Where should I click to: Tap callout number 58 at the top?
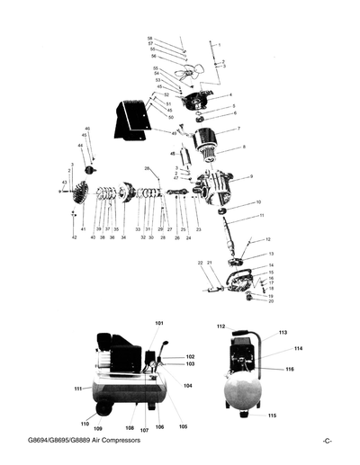150,38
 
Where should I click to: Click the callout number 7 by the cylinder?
238,129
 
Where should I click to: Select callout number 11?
262,216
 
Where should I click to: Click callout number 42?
74,237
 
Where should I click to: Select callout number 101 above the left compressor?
159,322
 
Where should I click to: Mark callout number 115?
272,416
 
